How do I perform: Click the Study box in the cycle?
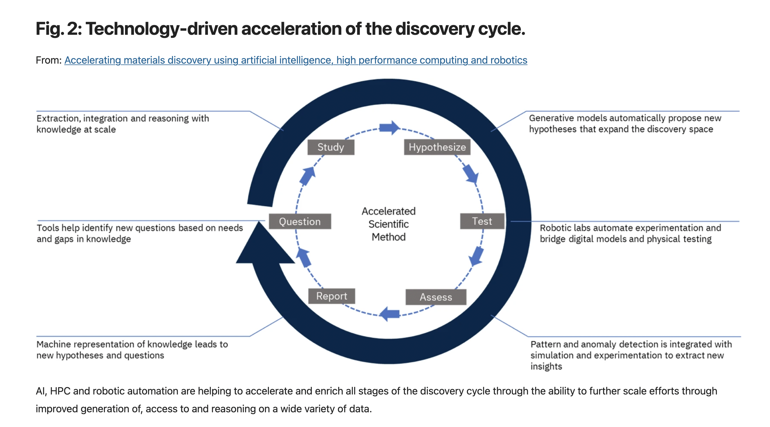[331, 147]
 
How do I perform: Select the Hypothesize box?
[437, 147]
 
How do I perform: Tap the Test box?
[482, 221]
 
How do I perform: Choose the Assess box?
[436, 297]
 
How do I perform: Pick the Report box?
[332, 296]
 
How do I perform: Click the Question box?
[300, 221]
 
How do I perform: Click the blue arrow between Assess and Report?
[389, 314]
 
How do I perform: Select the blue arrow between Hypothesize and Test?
[471, 173]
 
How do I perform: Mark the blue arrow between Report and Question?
[304, 258]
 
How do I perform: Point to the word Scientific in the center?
[388, 224]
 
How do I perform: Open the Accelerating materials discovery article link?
[295, 60]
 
